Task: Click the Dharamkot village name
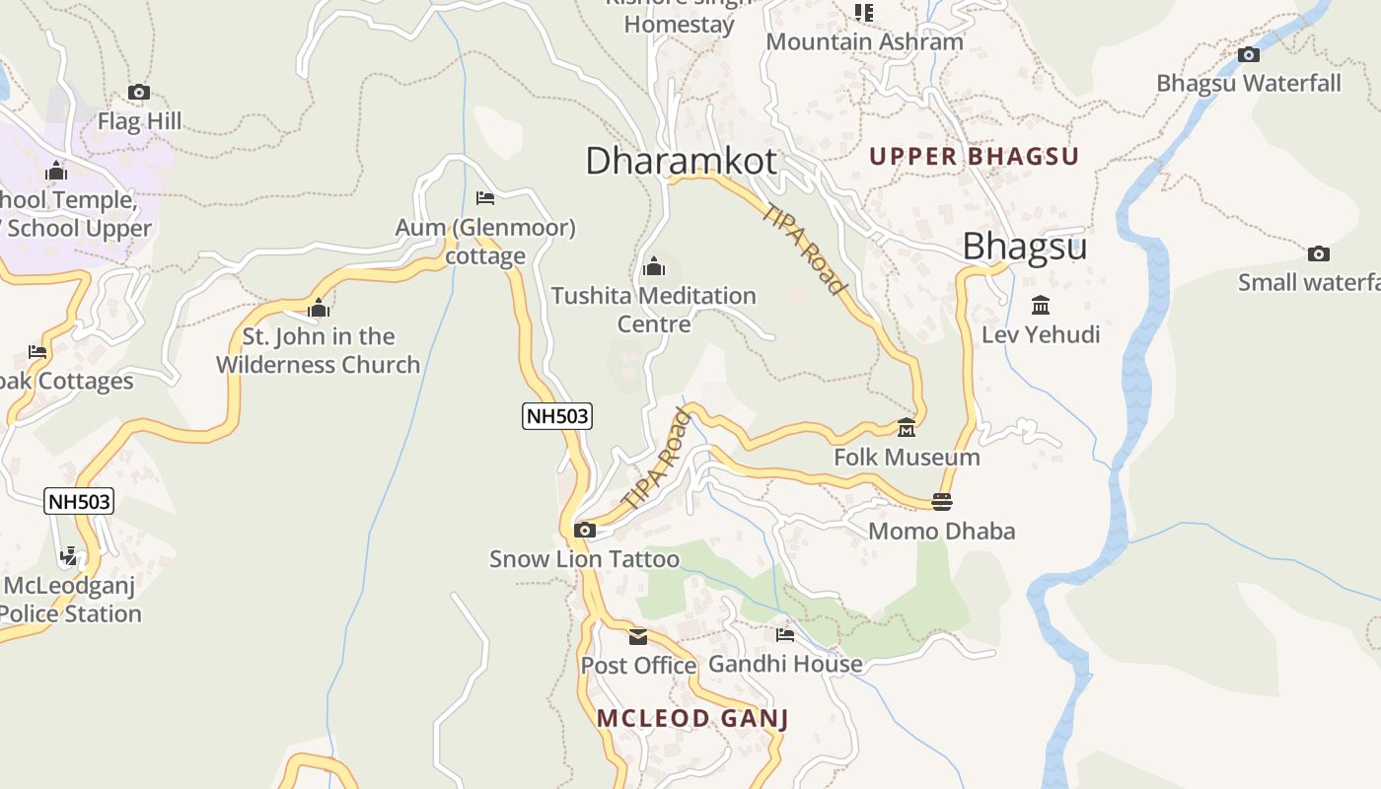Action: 681,160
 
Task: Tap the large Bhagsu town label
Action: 1024,246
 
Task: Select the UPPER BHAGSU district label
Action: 974,156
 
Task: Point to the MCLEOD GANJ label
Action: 692,718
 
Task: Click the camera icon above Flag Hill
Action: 139,93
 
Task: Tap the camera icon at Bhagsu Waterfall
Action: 1249,54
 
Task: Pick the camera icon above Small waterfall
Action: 1318,254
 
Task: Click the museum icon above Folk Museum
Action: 907,428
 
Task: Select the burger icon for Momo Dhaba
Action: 941,502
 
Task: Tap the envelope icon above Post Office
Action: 638,636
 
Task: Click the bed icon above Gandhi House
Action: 785,635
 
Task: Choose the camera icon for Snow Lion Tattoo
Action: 584,531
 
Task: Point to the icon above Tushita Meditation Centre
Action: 653,266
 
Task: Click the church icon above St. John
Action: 318,308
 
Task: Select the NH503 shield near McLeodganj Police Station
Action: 80,501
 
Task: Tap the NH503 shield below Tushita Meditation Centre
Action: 557,415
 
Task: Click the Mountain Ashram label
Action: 864,41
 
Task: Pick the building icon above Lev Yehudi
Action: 1040,305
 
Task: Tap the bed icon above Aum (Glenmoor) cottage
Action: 484,198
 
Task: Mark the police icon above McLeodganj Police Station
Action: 68,557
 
